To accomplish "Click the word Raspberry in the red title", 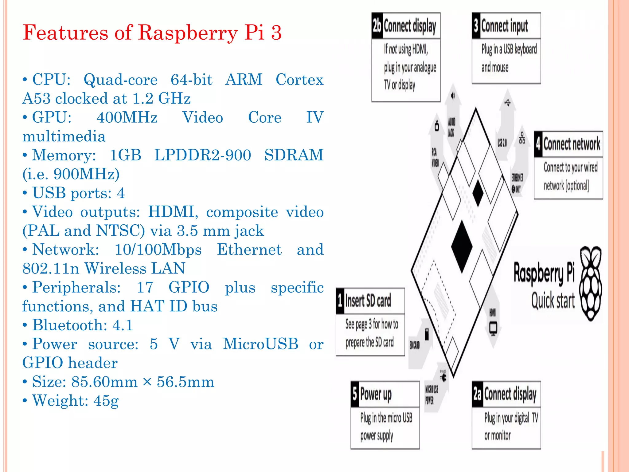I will click(x=188, y=33).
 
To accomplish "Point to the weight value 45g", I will click(x=106, y=400).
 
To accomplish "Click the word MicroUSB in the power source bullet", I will click(x=260, y=344).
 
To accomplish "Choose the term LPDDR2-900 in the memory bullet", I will click(x=202, y=155).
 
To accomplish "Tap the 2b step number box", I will click(x=377, y=26).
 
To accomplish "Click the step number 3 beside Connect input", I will click(x=476, y=26).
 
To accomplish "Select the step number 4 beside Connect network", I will click(x=538, y=144).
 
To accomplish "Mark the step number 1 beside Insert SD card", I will click(x=340, y=301).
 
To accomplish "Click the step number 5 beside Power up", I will click(x=355, y=394).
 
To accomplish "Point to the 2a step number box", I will click(x=478, y=394).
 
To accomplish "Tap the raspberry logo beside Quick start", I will click(x=590, y=284).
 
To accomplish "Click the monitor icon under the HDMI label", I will click(x=493, y=328).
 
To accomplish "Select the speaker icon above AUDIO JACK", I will click(x=452, y=96).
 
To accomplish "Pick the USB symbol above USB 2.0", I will click(x=507, y=102).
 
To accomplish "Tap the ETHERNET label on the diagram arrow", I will click(x=517, y=178).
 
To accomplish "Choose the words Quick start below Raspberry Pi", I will click(x=553, y=301).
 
